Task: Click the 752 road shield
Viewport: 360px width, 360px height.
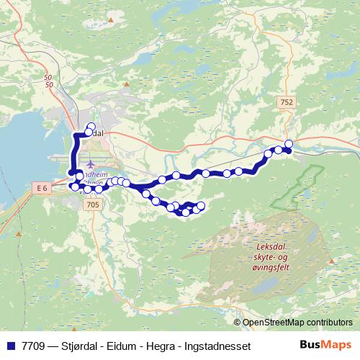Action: tap(287, 103)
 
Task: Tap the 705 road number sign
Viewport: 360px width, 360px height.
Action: tap(91, 205)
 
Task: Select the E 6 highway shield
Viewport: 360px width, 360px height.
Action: tap(41, 187)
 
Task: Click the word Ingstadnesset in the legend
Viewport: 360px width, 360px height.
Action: tap(215, 346)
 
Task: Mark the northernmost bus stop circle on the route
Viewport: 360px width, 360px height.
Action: tap(91, 127)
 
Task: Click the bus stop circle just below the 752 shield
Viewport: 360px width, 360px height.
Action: tap(289, 143)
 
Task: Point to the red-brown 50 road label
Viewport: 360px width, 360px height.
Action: tap(49, 81)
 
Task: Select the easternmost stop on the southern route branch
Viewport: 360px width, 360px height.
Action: tap(201, 207)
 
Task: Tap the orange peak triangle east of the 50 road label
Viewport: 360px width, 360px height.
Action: tap(127, 84)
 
